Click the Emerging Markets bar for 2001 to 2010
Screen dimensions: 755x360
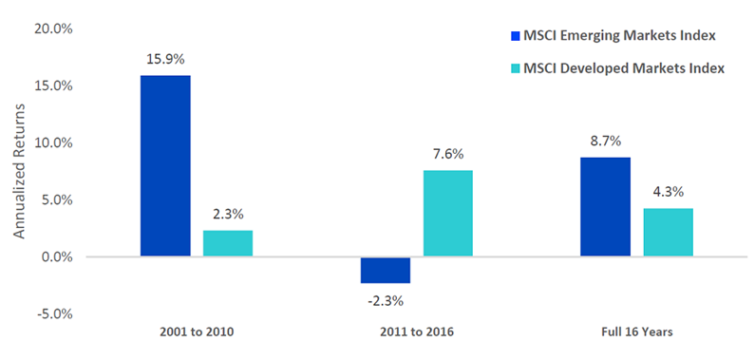click(165, 166)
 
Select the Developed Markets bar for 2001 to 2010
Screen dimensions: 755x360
click(228, 243)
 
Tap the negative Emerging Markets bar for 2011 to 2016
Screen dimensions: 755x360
click(386, 270)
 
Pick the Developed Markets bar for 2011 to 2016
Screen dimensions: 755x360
click(448, 213)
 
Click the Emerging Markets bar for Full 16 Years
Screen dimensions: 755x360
click(605, 207)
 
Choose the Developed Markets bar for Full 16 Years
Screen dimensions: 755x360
click(669, 232)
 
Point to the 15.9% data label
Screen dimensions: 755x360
click(165, 60)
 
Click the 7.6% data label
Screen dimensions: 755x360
click(448, 155)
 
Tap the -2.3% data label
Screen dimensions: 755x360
click(386, 302)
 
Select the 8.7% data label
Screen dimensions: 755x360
click(605, 142)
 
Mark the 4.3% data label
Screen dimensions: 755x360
click(669, 192)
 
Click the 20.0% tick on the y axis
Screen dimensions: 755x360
click(53, 29)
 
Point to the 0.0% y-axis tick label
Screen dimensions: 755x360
click(57, 257)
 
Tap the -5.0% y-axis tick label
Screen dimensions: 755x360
click(55, 313)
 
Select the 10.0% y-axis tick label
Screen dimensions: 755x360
click(53, 142)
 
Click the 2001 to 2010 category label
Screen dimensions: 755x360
click(197, 332)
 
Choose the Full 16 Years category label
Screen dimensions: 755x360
click(636, 332)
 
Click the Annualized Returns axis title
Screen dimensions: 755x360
click(18, 171)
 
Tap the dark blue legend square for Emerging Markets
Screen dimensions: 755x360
click(516, 36)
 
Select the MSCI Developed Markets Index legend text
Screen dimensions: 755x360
click(624, 68)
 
